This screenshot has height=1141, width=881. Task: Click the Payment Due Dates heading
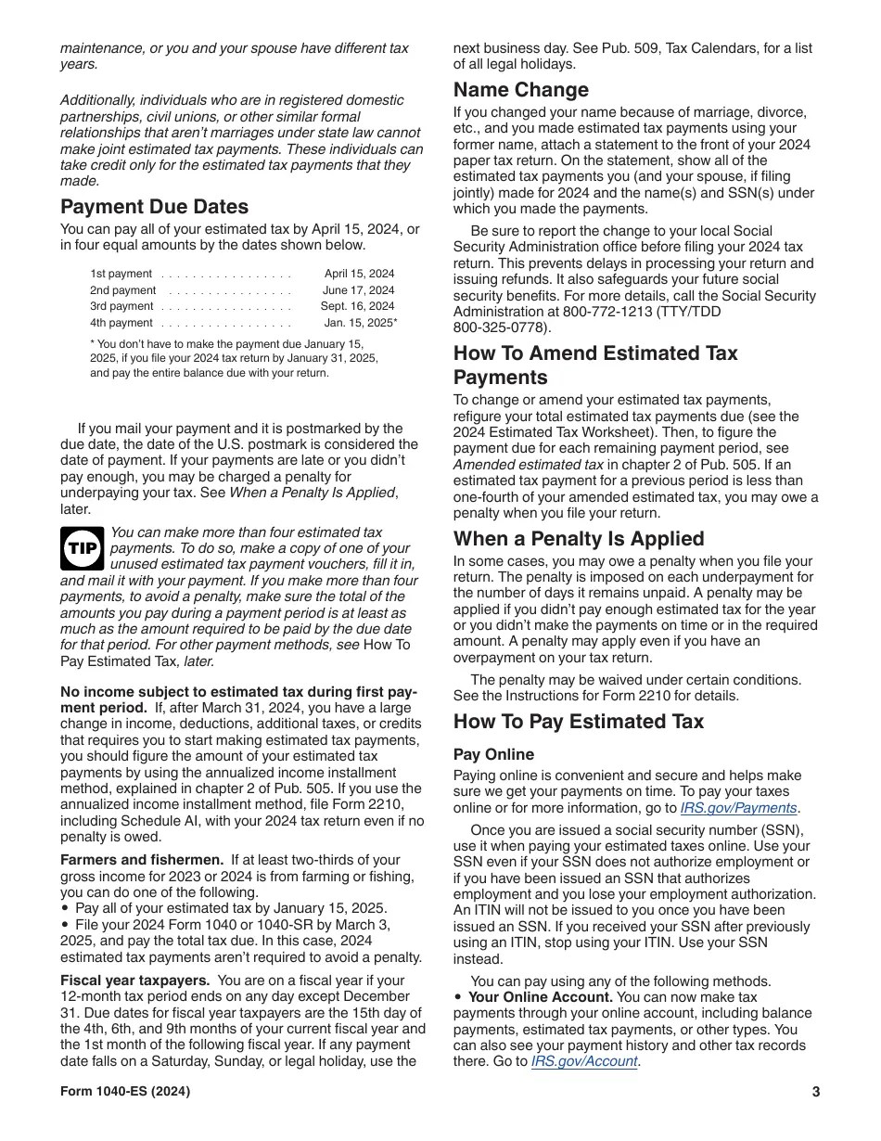(154, 207)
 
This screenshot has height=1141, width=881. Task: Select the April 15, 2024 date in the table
(359, 274)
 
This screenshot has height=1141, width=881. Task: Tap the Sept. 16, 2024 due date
(357, 306)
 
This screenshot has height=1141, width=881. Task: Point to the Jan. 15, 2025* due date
(361, 323)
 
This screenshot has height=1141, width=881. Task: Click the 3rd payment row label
(121, 306)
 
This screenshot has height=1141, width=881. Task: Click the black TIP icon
(83, 549)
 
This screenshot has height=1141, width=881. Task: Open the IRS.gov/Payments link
(738, 808)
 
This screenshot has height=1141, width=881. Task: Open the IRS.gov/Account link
(584, 1061)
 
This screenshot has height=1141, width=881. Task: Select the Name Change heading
(521, 90)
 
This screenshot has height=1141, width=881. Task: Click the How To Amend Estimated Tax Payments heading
(595, 365)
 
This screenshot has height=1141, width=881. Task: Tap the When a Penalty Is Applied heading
(579, 539)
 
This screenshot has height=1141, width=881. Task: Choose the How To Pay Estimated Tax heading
(579, 722)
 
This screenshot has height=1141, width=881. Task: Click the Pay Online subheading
(493, 755)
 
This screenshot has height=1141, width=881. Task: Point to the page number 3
(816, 1092)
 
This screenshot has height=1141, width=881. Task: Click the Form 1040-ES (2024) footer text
(125, 1092)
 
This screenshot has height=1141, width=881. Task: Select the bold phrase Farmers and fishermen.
(142, 860)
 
